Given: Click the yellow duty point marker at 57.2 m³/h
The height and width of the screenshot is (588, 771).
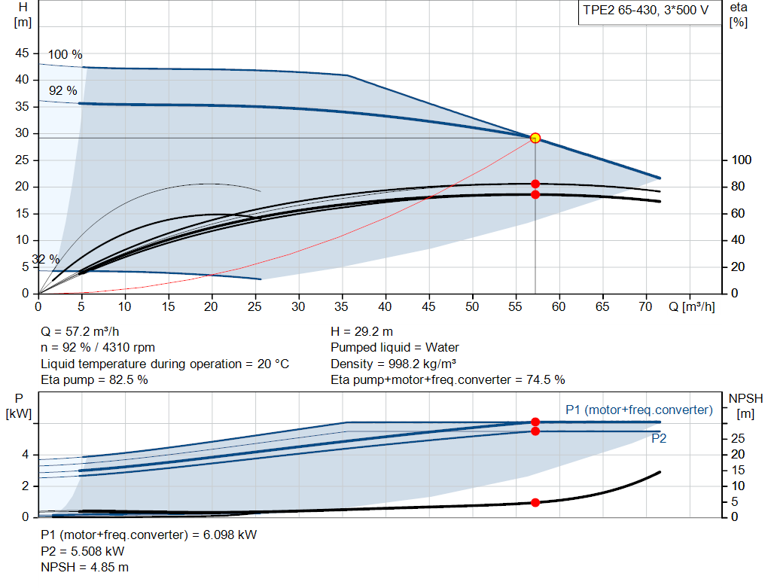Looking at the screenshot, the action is (x=535, y=138).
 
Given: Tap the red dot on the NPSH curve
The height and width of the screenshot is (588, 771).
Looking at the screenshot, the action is (x=535, y=502).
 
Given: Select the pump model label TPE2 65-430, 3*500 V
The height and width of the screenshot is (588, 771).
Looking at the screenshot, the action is (x=645, y=11).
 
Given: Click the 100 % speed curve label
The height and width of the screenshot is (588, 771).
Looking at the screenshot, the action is (x=65, y=54).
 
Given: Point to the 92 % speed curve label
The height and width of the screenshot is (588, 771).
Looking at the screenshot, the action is (x=63, y=91).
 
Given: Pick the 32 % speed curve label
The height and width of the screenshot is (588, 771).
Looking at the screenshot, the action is (x=46, y=259).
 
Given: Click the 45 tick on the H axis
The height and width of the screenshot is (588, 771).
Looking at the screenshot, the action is (x=22, y=53).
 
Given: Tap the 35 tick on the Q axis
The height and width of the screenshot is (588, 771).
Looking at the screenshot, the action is (x=342, y=306).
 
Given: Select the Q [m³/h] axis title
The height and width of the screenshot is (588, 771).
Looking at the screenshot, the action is (x=691, y=306).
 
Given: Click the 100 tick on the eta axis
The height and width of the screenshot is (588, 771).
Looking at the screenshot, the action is (x=741, y=160).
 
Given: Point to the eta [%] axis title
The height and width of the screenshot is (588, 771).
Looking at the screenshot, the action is (x=739, y=15).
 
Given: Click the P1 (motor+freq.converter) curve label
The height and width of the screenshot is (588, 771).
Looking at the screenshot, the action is (x=638, y=410).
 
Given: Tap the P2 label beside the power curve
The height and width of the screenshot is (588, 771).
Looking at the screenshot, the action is (x=659, y=438).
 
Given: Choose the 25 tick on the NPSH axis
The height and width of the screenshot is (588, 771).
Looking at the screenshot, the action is (x=738, y=438).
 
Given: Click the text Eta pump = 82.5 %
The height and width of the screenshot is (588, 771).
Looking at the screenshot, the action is (x=94, y=380).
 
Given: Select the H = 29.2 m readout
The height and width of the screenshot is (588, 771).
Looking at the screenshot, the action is (x=362, y=332).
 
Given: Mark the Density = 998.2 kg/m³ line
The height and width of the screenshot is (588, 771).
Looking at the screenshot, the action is (x=393, y=364).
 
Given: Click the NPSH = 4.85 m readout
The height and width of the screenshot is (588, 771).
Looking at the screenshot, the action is (x=84, y=568).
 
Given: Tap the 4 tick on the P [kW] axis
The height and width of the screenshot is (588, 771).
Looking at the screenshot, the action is (x=25, y=455).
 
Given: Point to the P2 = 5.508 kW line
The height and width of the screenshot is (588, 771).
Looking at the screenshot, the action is (x=83, y=551).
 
